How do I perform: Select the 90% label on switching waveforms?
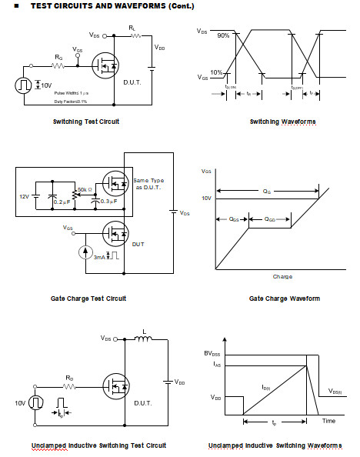[x=222, y=36]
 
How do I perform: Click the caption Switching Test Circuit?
[x=85, y=122]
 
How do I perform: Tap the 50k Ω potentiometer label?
[x=86, y=188]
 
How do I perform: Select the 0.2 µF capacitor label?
[x=62, y=202]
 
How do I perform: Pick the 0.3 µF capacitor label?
[x=110, y=202]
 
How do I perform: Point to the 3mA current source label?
[x=99, y=258]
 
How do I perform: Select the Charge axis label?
[x=282, y=276]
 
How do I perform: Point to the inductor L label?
[x=143, y=335]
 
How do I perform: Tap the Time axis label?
[x=328, y=421]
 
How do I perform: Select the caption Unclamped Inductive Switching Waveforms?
[x=275, y=445]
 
